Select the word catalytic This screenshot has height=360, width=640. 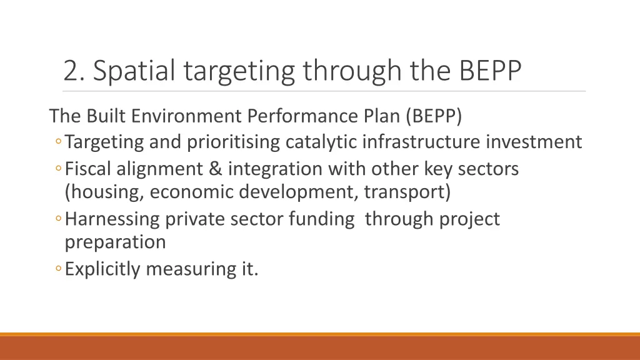point(321,142)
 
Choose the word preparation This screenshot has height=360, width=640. point(116,242)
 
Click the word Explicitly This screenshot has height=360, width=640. point(104,269)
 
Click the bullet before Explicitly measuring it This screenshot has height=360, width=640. point(57,269)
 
